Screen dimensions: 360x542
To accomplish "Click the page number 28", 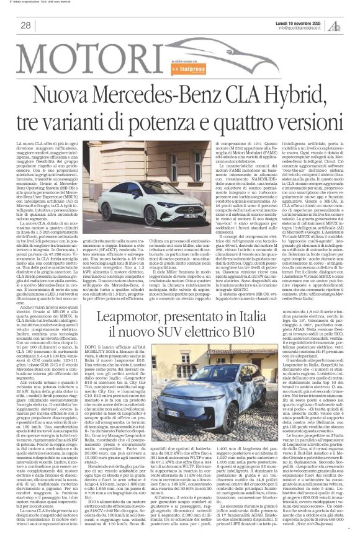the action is (x=26, y=25).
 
